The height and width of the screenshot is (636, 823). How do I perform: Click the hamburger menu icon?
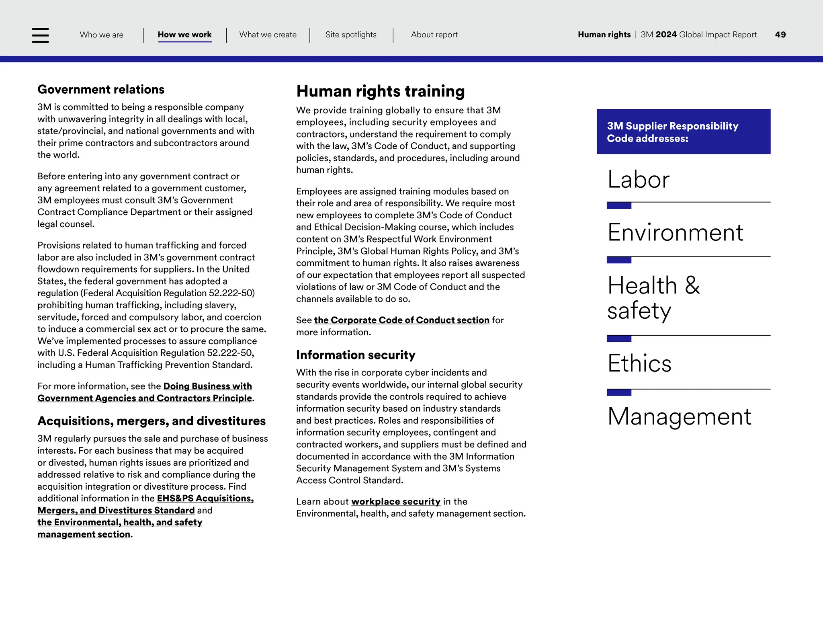pyautogui.click(x=40, y=35)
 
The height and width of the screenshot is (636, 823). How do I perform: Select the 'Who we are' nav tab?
pyautogui.click(x=102, y=35)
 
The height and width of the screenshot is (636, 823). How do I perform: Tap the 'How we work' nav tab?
pyautogui.click(x=184, y=35)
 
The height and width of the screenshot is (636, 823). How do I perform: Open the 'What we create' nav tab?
pyautogui.click(x=268, y=35)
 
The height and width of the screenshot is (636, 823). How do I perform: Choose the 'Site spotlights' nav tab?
pyautogui.click(x=351, y=35)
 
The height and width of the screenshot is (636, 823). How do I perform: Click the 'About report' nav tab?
pyautogui.click(x=434, y=35)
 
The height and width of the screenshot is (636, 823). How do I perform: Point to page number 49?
pyautogui.click(x=780, y=35)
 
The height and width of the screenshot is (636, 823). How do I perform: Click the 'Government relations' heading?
pyautogui.click(x=101, y=89)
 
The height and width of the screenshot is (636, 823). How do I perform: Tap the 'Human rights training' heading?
pyautogui.click(x=380, y=91)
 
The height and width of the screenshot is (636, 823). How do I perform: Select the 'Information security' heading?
pyautogui.click(x=356, y=355)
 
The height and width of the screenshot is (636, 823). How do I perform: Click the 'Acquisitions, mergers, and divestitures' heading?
pyautogui.click(x=151, y=421)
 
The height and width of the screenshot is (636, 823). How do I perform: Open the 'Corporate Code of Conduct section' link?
pyautogui.click(x=401, y=320)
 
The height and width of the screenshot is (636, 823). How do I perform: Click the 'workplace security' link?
pyautogui.click(x=396, y=502)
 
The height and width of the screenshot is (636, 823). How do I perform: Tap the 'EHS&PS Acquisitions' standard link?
pyautogui.click(x=205, y=499)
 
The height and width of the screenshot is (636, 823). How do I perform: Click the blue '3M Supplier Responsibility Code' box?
pyautogui.click(x=683, y=132)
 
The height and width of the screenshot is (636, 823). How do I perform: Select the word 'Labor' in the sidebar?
pyautogui.click(x=638, y=179)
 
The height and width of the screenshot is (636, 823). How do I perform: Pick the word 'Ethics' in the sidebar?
pyautogui.click(x=639, y=363)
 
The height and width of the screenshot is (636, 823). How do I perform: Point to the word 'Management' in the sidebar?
pyautogui.click(x=679, y=416)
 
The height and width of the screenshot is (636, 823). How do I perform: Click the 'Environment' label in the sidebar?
pyautogui.click(x=675, y=232)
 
